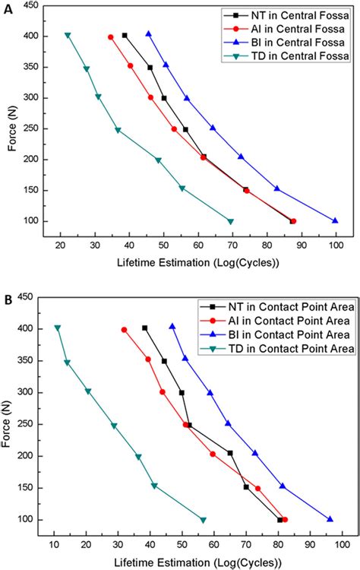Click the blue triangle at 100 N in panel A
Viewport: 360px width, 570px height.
click(335, 221)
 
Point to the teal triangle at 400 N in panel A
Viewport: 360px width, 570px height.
click(68, 36)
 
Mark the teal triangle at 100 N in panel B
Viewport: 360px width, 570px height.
click(203, 520)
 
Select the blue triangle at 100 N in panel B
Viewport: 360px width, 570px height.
click(330, 519)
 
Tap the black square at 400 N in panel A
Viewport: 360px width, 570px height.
click(125, 36)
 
